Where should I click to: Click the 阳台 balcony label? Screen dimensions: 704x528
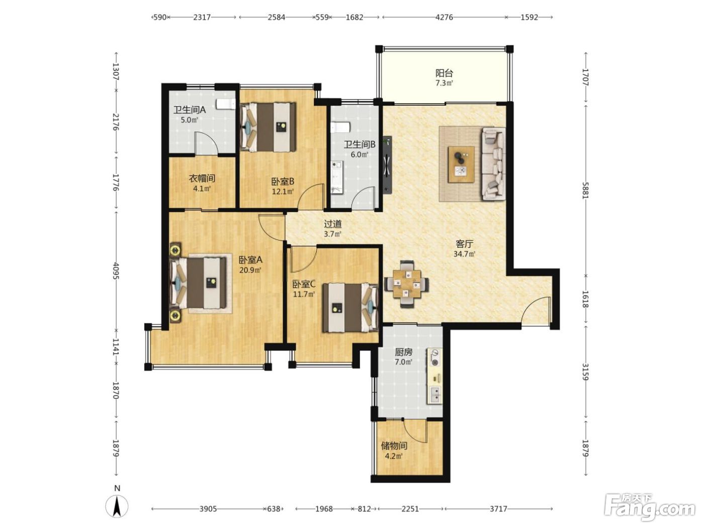coord(444,73)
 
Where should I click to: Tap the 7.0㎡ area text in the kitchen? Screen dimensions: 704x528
coord(403,362)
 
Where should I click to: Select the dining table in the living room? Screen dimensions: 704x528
coord(407,284)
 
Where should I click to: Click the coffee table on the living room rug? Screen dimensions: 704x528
coord(461,164)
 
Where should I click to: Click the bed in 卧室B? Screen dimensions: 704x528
coord(268,127)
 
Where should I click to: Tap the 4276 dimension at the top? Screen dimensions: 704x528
coord(444,17)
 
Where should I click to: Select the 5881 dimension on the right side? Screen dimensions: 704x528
coord(585,191)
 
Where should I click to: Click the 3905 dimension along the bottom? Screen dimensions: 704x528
coord(208,508)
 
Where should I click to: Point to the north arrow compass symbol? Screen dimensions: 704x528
coord(117,506)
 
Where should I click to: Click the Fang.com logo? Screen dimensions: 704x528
coord(650,508)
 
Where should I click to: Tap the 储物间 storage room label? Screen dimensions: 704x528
coord(394,446)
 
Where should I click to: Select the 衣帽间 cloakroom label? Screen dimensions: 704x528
coord(202,178)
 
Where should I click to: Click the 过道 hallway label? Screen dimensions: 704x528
coord(332,224)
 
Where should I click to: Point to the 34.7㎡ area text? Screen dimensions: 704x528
coord(464,254)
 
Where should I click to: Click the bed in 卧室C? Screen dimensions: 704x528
coord(350,307)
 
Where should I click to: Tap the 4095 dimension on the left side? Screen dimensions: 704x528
coord(116,271)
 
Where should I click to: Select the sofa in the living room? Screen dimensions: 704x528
coord(494,164)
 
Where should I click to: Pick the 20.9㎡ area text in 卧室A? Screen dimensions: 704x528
coord(250,270)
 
